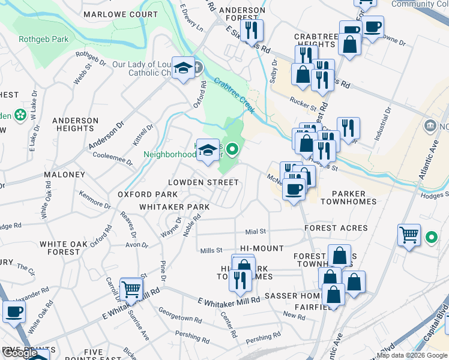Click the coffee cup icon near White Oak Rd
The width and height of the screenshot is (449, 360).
14,311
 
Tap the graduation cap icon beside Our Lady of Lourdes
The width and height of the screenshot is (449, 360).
182,68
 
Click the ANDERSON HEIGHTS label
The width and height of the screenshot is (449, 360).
75,124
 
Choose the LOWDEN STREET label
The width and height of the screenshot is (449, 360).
203,182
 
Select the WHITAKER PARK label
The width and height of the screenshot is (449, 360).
174,206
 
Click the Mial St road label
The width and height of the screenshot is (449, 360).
255,231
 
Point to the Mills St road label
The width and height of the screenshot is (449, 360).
211,250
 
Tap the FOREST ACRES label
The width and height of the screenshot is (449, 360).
336,228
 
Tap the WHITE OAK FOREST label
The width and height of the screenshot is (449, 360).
59,248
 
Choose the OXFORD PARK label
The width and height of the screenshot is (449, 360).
147,194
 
